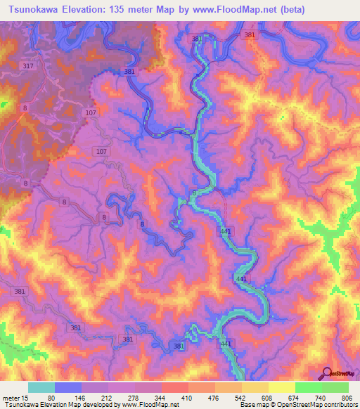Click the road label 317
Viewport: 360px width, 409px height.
pos(28,66)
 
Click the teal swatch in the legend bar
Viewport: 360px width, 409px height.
pos(41,388)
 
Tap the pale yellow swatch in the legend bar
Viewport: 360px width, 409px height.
pos(282,388)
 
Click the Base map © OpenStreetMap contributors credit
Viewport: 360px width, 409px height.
pos(298,405)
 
